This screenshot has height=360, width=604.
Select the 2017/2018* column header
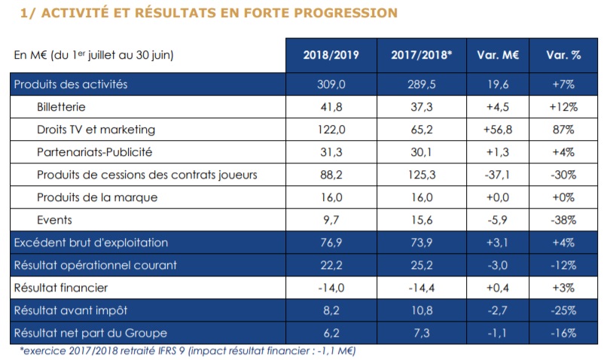[421, 55]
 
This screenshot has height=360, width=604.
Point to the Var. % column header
[564, 55]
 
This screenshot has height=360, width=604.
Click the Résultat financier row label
[61, 288]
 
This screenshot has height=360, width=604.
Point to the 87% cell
[564, 130]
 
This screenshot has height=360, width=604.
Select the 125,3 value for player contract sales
[421, 175]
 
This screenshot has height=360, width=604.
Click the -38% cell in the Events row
[564, 220]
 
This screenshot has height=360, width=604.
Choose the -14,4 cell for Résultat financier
[421, 288]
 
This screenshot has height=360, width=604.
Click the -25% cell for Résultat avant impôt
[564, 310]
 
